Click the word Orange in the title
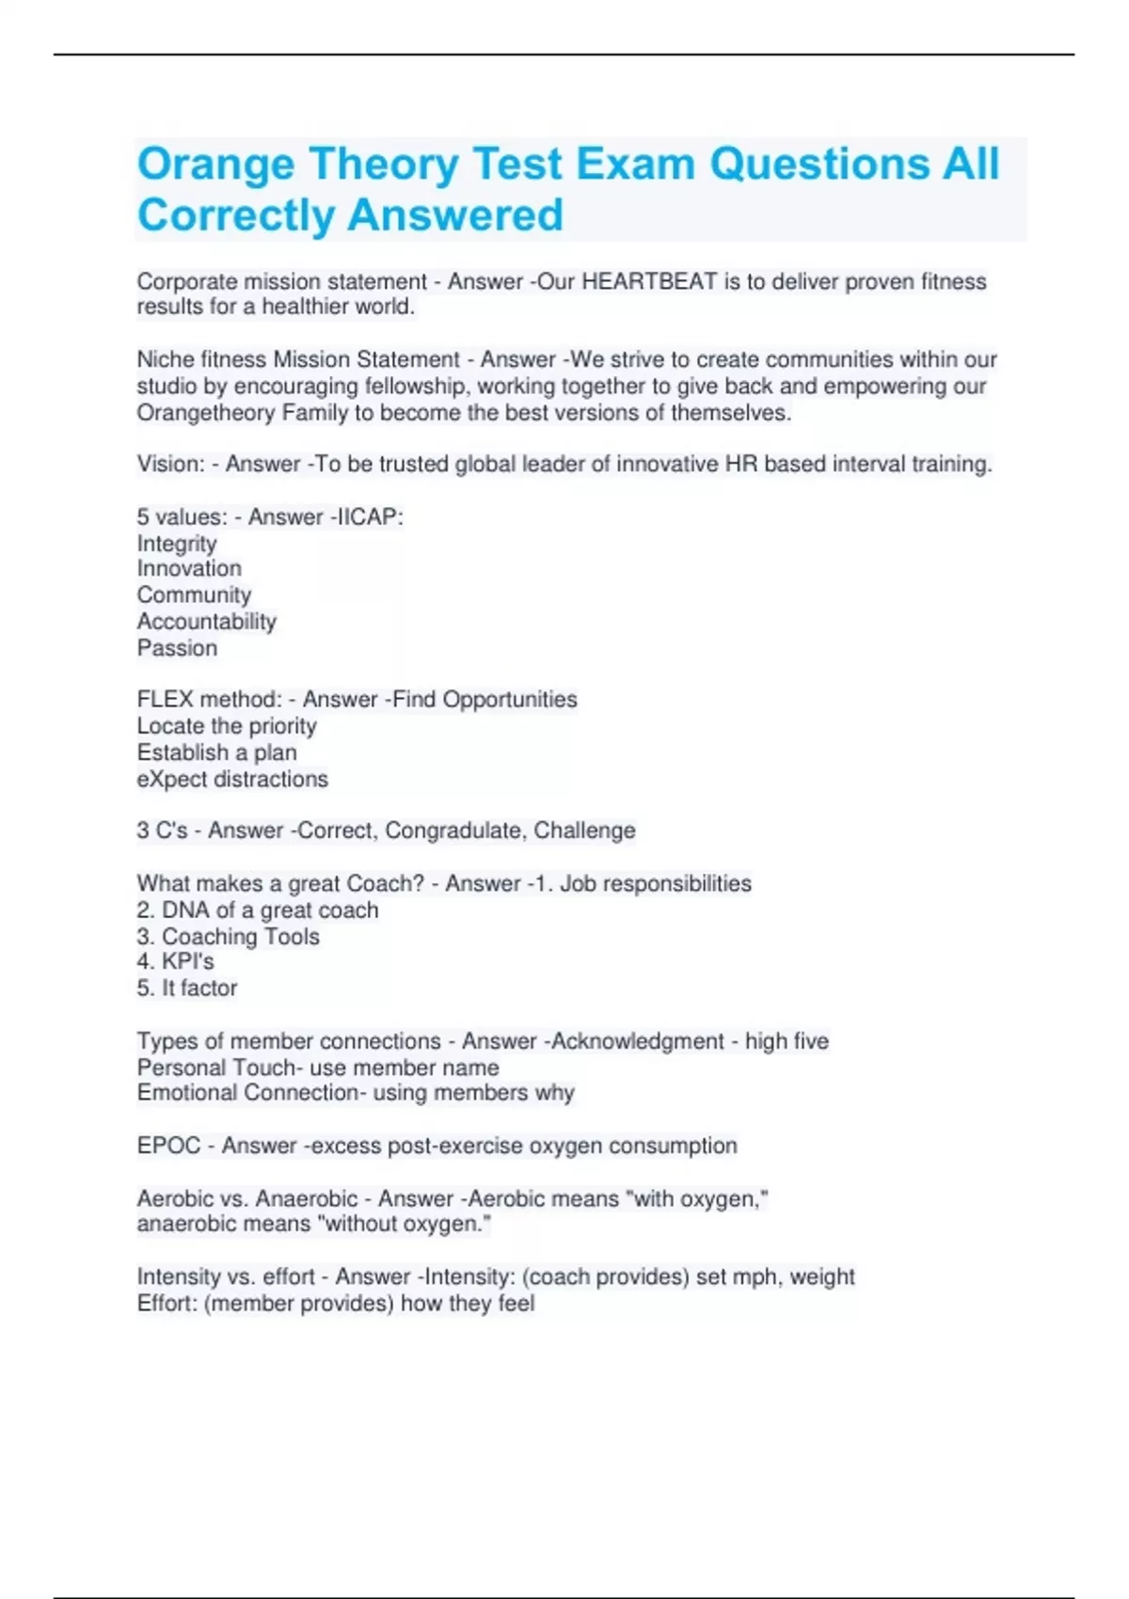pyautogui.click(x=216, y=165)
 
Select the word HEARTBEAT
pyautogui.click(x=649, y=281)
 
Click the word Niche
pyautogui.click(x=166, y=359)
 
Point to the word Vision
pyautogui.click(x=169, y=464)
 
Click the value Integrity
pyautogui.click(x=177, y=544)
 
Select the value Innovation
pyautogui.click(x=189, y=568)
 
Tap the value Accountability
pyautogui.click(x=207, y=621)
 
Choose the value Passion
pyautogui.click(x=177, y=648)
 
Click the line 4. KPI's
pyautogui.click(x=176, y=961)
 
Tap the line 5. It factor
pyautogui.click(x=187, y=988)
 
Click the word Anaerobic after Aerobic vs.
pyautogui.click(x=307, y=1198)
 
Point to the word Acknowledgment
pyautogui.click(x=638, y=1041)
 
